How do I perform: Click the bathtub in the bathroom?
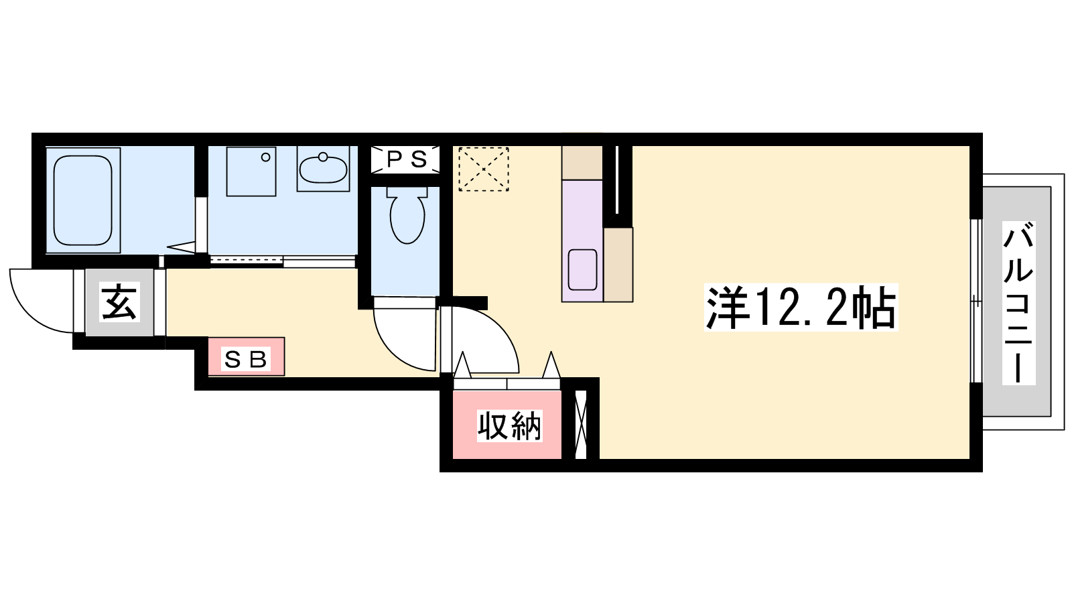[82, 200]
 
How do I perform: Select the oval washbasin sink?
[323, 169]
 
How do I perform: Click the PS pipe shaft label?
[406, 159]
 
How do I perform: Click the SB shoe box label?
[245, 359]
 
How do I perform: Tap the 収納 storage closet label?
[510, 425]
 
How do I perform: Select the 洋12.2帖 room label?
[801, 308]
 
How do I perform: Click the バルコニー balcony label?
[1018, 303]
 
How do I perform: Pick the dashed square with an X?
[483, 170]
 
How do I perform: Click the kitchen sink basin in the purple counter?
[582, 269]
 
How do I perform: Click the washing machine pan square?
[251, 172]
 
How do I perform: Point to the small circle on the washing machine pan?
[265, 157]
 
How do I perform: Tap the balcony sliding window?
[976, 301]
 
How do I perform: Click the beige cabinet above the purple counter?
[582, 163]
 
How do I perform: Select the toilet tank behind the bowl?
[407, 192]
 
